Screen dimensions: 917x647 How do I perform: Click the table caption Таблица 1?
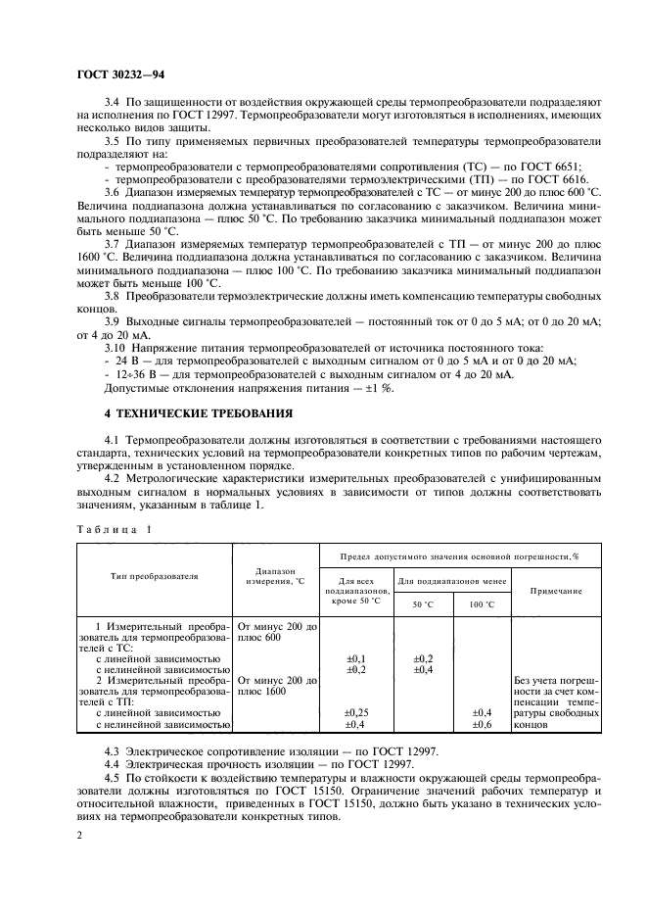point(115,529)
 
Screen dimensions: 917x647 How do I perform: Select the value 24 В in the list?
point(124,362)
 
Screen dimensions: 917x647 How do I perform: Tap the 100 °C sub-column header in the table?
point(482,604)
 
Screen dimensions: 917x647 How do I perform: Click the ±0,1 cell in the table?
point(357,658)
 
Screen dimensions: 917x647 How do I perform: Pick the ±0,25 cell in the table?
point(357,712)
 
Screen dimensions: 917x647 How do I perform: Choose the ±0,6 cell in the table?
point(482,725)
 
